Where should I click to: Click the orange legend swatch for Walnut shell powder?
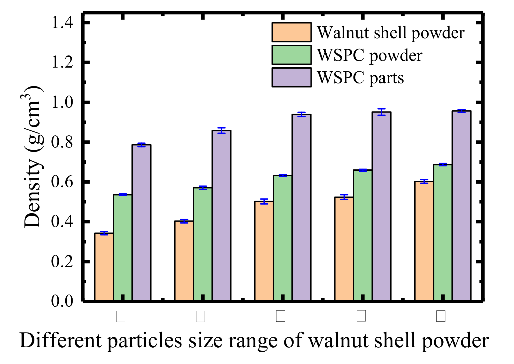point(291,32)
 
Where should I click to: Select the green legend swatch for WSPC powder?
point(291,55)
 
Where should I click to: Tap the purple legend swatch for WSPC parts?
point(291,78)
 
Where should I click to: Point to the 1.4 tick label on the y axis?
point(62,22)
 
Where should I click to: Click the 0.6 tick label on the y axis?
point(62,182)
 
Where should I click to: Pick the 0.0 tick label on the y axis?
point(62,301)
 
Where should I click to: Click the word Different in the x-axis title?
point(60,341)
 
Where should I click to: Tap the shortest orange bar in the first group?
point(104,267)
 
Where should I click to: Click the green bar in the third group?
point(283,237)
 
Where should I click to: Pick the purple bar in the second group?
point(221,215)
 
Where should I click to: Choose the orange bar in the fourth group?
point(344,248)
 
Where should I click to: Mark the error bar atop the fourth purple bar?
point(381,112)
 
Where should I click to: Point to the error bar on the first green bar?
point(123,195)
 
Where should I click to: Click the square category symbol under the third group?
point(280,316)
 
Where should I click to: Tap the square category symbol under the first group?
point(120,316)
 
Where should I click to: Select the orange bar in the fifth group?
point(424,241)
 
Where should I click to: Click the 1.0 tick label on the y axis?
point(62,103)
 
